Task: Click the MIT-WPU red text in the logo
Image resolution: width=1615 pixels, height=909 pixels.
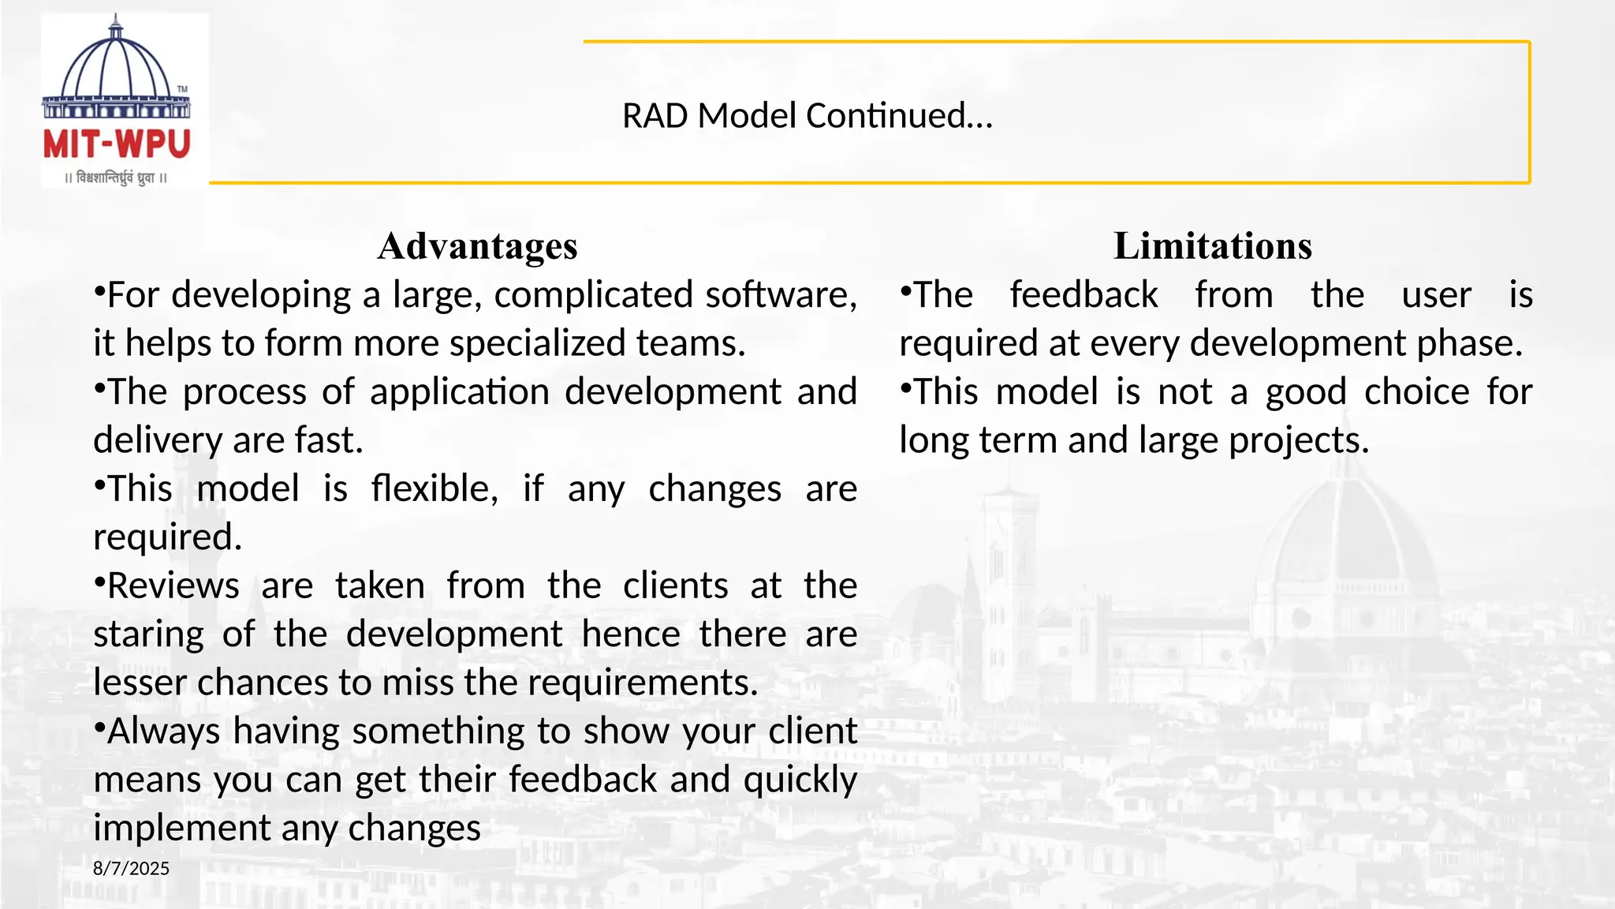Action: pos(117,145)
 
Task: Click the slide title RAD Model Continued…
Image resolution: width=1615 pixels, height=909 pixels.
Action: pos(807,116)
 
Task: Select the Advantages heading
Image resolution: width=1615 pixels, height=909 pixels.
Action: pos(477,246)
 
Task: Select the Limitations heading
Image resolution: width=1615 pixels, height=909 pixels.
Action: pos(1212,246)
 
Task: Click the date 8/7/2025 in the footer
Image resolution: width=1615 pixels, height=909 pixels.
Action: pos(131,869)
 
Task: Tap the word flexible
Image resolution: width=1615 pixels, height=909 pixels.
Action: pos(434,489)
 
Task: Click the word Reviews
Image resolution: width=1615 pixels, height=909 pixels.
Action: pos(173,586)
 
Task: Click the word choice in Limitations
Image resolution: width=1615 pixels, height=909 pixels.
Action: pos(1416,392)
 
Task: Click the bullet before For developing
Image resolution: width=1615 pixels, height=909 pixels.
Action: pos(99,291)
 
